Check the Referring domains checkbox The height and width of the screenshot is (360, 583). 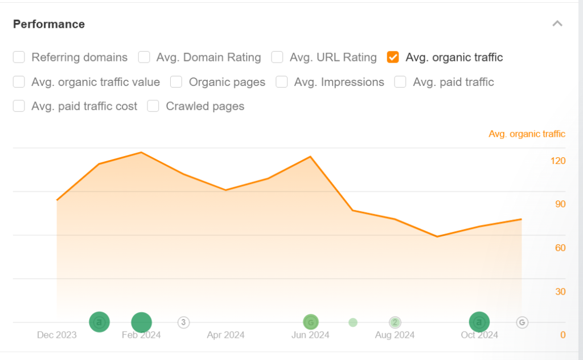pos(19,57)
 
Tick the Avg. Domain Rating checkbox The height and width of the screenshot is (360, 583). pos(145,57)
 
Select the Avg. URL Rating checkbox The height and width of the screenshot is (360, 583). pos(277,57)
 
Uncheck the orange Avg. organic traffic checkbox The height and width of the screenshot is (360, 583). pos(393,57)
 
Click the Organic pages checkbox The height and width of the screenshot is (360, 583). pos(176,82)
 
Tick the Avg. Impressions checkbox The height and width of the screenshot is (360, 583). pos(282,82)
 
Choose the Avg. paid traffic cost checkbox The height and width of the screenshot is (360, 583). pos(19,106)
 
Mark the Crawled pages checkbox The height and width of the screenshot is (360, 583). pos(153,106)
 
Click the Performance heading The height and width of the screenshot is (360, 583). pos(49,24)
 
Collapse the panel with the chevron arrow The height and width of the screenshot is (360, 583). pos(557,24)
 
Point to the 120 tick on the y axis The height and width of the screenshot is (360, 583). pos(558,161)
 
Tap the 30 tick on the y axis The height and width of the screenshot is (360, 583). pos(560,292)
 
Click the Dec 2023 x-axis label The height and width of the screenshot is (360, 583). pos(56,335)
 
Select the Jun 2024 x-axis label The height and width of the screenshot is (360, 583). pos(310,335)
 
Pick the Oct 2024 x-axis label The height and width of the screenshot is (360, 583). pos(479,335)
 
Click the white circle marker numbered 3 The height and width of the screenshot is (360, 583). pos(183,322)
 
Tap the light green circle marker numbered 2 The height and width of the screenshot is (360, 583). pos(395,322)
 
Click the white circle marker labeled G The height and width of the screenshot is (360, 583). pos(522,322)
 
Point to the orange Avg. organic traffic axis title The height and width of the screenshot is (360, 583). pos(527,134)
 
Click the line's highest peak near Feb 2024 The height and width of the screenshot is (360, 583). pos(141,153)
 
